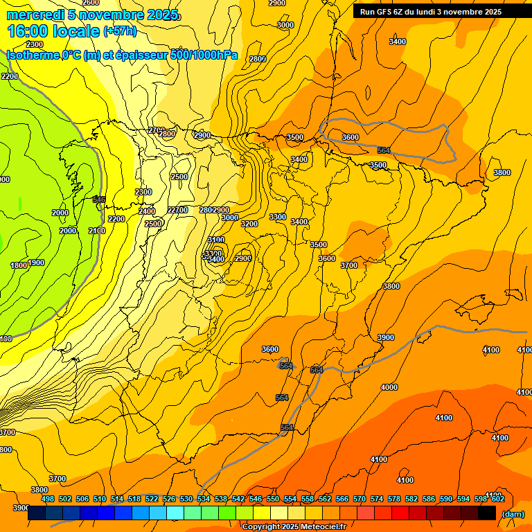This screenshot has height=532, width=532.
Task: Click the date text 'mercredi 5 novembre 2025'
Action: point(92,15)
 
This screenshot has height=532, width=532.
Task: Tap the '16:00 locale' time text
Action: point(48,31)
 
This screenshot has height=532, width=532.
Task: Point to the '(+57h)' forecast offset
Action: point(120,31)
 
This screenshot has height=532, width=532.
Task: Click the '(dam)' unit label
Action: point(513,514)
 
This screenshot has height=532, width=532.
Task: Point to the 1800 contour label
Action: point(18,265)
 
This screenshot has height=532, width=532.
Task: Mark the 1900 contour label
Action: point(36,263)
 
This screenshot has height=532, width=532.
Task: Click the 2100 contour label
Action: point(97,231)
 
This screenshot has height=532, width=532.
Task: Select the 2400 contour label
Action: point(147,211)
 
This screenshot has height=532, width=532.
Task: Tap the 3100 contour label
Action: point(216,240)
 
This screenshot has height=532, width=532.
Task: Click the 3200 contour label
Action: point(249,224)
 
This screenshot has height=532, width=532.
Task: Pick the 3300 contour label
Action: point(278,217)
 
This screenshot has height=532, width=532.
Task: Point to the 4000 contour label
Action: point(389,387)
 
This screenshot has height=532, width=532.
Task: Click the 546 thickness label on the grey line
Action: point(99,199)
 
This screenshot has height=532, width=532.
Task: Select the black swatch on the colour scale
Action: point(487,513)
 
